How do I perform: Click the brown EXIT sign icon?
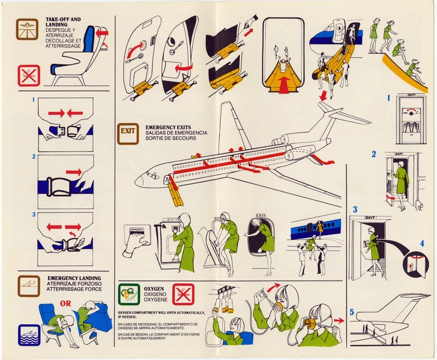point(127,131)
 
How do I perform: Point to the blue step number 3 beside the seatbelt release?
point(35,215)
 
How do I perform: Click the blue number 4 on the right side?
point(421,244)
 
